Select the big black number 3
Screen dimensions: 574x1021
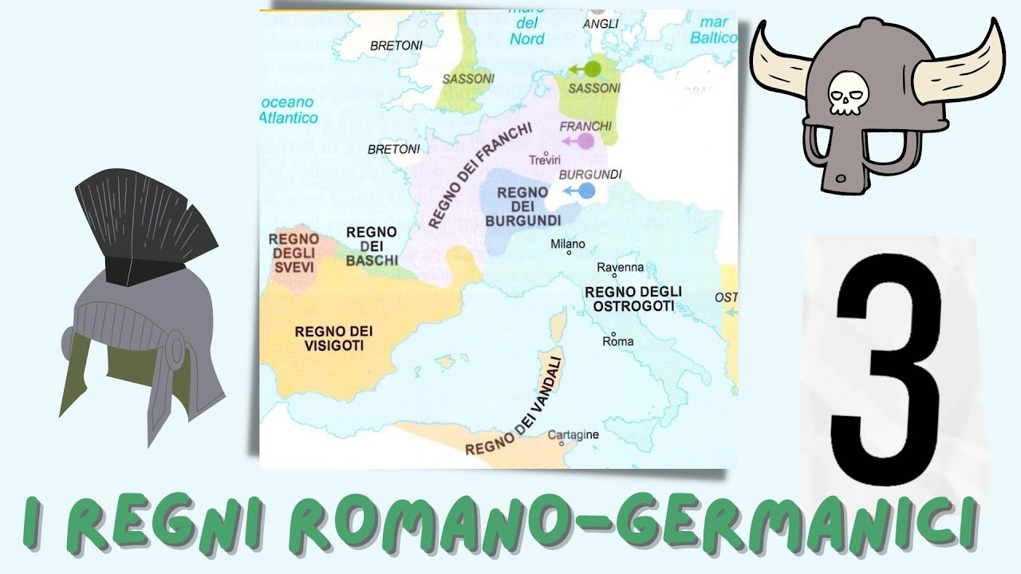(x=887, y=370)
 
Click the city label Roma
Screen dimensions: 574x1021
(x=617, y=341)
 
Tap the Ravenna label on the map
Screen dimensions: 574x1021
(x=621, y=268)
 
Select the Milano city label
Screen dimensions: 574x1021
(x=568, y=245)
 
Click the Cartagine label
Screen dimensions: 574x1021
(x=573, y=434)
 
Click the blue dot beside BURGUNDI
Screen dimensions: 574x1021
(x=587, y=191)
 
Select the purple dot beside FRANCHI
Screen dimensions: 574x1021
(x=585, y=141)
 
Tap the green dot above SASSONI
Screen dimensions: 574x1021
(x=592, y=69)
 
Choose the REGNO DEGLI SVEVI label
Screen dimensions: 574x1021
(x=294, y=253)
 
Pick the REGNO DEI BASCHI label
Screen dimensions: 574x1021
(x=372, y=246)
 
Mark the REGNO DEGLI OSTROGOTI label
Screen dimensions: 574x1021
(x=633, y=298)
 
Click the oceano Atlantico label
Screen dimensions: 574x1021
(x=289, y=110)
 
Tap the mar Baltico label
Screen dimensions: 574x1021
(x=714, y=30)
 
